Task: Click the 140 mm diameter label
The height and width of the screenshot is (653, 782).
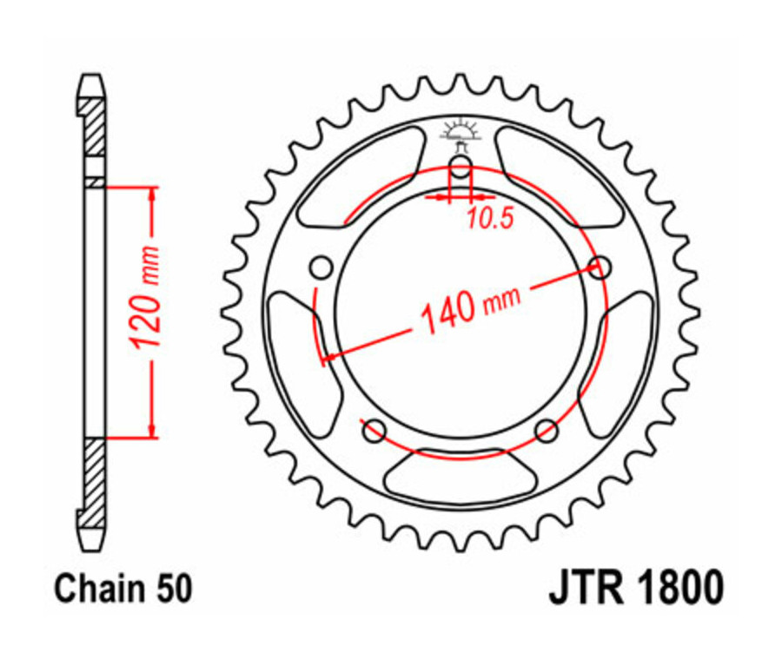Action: tap(470, 305)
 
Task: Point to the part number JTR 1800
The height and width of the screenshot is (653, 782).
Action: tap(634, 588)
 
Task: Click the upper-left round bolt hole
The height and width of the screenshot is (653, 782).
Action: tap(321, 266)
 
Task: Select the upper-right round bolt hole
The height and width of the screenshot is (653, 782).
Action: tap(599, 267)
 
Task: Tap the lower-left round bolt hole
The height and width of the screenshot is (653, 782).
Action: tap(374, 429)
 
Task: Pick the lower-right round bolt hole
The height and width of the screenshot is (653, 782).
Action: tap(546, 429)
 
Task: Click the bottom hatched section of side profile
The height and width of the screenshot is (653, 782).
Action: tap(94, 482)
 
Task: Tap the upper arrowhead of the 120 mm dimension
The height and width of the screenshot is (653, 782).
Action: tap(152, 194)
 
